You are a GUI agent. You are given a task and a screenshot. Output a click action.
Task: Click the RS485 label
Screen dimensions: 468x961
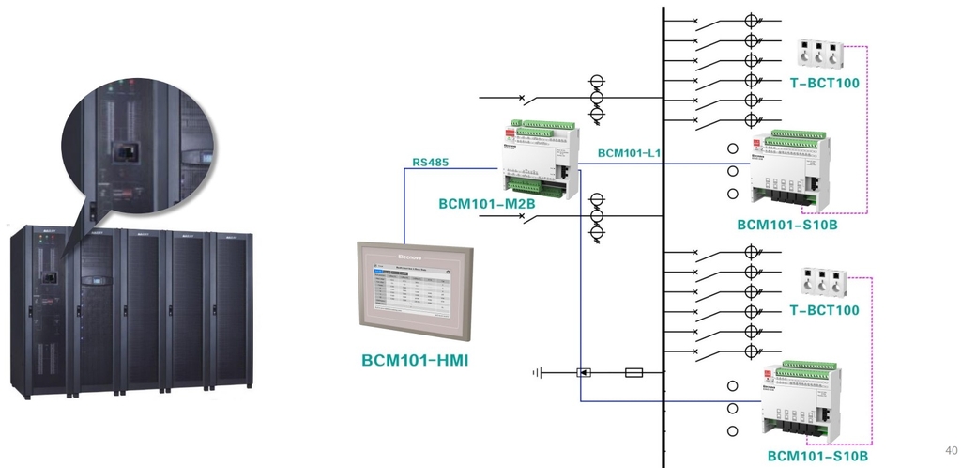click(x=431, y=163)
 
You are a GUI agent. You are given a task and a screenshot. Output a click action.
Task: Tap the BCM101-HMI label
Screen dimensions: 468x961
click(x=417, y=359)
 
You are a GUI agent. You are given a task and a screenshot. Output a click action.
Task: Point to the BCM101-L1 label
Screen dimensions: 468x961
click(x=630, y=152)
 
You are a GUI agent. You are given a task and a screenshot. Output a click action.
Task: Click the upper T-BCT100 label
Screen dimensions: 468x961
click(x=824, y=84)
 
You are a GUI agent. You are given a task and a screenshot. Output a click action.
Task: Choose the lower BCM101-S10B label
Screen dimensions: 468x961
click(x=817, y=457)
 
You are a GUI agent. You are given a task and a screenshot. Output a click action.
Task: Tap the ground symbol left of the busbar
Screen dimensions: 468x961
click(x=538, y=372)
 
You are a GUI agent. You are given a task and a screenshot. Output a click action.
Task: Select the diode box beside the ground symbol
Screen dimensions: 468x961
click(x=583, y=372)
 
